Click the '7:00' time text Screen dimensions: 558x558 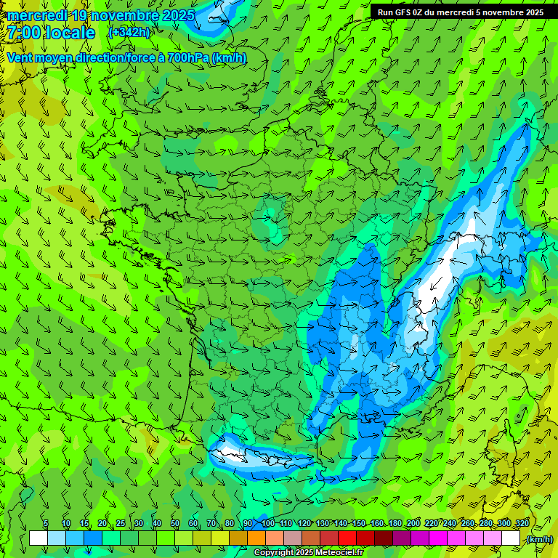pyautogui.click(x=23, y=33)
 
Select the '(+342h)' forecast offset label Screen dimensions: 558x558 pyautogui.click(x=129, y=33)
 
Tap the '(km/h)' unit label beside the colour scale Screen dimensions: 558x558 pyautogui.click(x=540, y=539)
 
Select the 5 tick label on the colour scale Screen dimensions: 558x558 pyautogui.click(x=46, y=524)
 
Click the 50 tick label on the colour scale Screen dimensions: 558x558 pyautogui.click(x=174, y=524)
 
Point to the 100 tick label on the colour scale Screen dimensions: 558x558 pyautogui.click(x=267, y=524)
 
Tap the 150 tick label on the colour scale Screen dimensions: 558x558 pyautogui.click(x=359, y=524)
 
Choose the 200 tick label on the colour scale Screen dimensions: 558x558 pyautogui.click(x=413, y=524)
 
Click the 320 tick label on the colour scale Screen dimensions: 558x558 pyautogui.click(x=522, y=524)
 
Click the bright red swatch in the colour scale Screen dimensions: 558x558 pyautogui.click(x=347, y=538)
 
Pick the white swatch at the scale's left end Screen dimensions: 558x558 pyautogui.click(x=39, y=538)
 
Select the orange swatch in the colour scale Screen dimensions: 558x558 pyautogui.click(x=256, y=538)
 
